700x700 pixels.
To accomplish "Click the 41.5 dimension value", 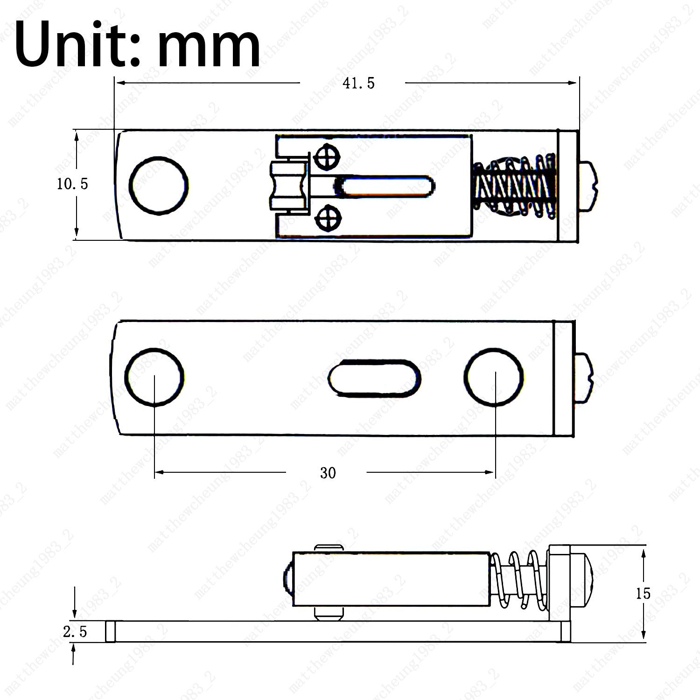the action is pos(358,84).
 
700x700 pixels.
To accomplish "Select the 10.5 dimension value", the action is pos(72,184).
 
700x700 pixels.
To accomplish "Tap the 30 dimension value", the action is pos(328,473).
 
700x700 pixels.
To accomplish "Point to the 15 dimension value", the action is pos(643,594).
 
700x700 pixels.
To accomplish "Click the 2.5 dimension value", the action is pos(75,632).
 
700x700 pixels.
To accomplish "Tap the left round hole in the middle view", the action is pos(154,377).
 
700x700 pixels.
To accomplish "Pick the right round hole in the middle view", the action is pos(494,376).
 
